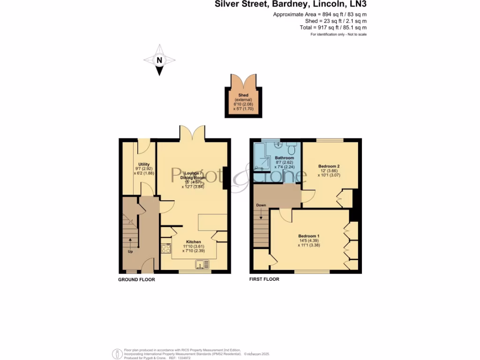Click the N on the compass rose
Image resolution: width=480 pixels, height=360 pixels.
[159, 60]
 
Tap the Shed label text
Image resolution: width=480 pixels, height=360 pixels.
[243, 95]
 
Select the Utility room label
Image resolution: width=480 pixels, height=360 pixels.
[144, 164]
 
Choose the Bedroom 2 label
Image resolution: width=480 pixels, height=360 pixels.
[329, 166]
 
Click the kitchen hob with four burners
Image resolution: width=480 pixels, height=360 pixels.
[166, 248]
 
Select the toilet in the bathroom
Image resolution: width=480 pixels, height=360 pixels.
[292, 149]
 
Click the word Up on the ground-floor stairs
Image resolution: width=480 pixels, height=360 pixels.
[130, 251]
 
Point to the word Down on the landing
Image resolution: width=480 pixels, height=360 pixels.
[261, 205]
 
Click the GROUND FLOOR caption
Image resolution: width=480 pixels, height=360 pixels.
[136, 279]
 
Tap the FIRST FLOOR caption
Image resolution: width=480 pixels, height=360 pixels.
[264, 279]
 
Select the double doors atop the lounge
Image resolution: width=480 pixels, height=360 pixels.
[192, 133]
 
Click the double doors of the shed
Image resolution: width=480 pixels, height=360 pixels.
[243, 81]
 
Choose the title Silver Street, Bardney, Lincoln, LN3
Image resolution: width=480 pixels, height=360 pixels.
[291, 5]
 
